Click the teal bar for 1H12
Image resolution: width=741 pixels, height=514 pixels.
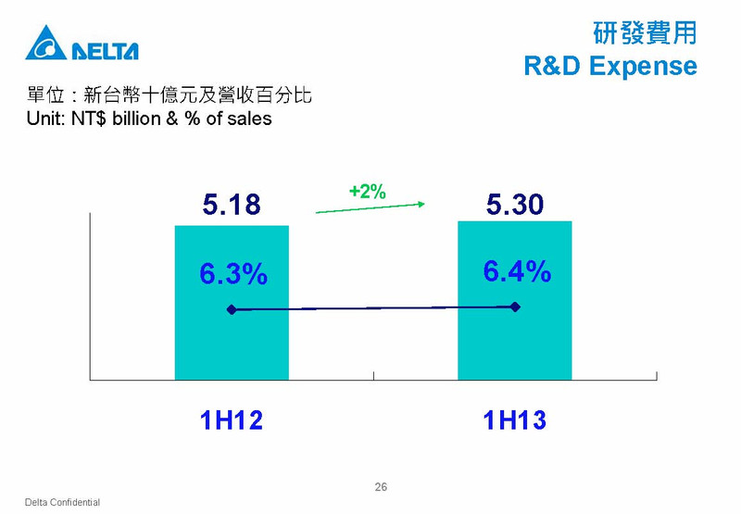[232, 302]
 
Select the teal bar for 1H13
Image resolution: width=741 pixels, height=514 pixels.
[515, 300]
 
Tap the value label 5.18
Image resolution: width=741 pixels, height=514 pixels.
[232, 204]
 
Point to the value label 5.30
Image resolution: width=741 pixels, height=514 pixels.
[515, 204]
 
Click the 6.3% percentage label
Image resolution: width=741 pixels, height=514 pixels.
[233, 273]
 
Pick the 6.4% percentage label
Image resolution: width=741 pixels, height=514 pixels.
[517, 271]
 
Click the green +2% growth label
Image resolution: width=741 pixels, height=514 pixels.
[367, 192]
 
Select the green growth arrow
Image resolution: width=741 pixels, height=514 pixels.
[370, 208]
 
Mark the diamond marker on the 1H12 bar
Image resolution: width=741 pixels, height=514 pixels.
[232, 309]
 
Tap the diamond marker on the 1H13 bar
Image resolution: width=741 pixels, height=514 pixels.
[515, 307]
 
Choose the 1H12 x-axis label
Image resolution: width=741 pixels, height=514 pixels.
[231, 420]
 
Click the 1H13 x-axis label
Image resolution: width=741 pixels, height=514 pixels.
[515, 420]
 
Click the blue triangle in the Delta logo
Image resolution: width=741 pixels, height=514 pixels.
[45, 44]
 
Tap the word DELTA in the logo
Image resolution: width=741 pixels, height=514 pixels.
[105, 51]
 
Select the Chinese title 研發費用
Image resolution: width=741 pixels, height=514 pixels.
[645, 33]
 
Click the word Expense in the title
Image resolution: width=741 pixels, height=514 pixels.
[643, 66]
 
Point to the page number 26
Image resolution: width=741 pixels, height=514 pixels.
[381, 487]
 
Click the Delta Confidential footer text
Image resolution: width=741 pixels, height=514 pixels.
[62, 502]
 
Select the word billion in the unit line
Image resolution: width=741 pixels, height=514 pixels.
[136, 119]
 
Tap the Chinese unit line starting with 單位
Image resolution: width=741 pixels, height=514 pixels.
[170, 95]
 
